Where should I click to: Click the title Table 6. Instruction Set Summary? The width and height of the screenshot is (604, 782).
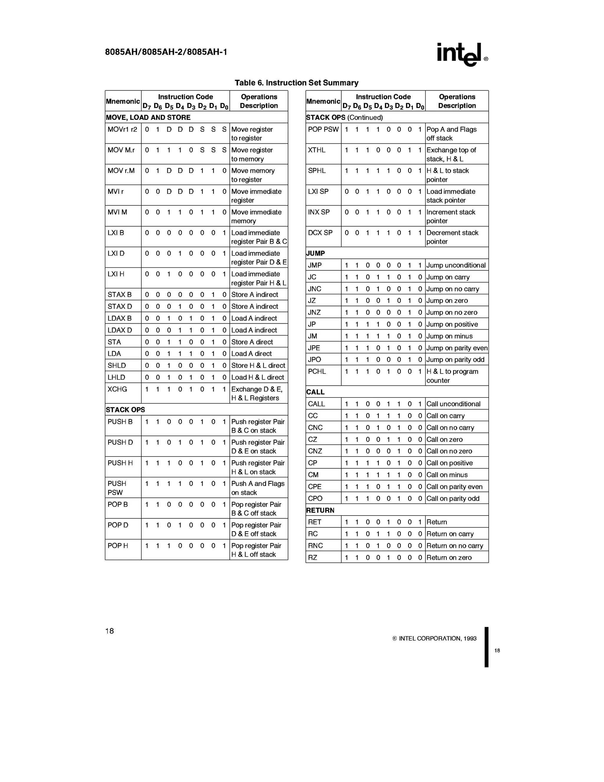[296, 83]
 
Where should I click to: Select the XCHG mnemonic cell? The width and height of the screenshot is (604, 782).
[117, 389]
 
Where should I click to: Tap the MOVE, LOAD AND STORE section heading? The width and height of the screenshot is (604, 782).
[148, 117]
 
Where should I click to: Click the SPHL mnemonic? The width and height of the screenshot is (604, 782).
[317, 171]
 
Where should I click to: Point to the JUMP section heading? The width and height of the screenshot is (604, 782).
[316, 253]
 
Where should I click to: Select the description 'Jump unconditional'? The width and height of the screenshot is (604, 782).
[456, 265]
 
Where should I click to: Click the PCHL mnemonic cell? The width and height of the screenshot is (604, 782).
[317, 372]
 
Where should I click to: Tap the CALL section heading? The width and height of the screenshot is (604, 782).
[315, 392]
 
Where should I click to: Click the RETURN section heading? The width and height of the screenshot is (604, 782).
[320, 510]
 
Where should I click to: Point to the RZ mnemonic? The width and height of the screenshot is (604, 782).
[313, 557]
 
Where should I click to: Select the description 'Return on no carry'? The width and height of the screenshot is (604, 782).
[454, 546]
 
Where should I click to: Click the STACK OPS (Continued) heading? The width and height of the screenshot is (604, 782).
[344, 117]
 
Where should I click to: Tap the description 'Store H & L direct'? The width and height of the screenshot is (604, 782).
[258, 366]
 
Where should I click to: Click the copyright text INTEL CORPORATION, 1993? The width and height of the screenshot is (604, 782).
[434, 638]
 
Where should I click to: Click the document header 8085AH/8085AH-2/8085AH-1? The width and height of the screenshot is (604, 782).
[166, 52]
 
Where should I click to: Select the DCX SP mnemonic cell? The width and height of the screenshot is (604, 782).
[320, 233]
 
